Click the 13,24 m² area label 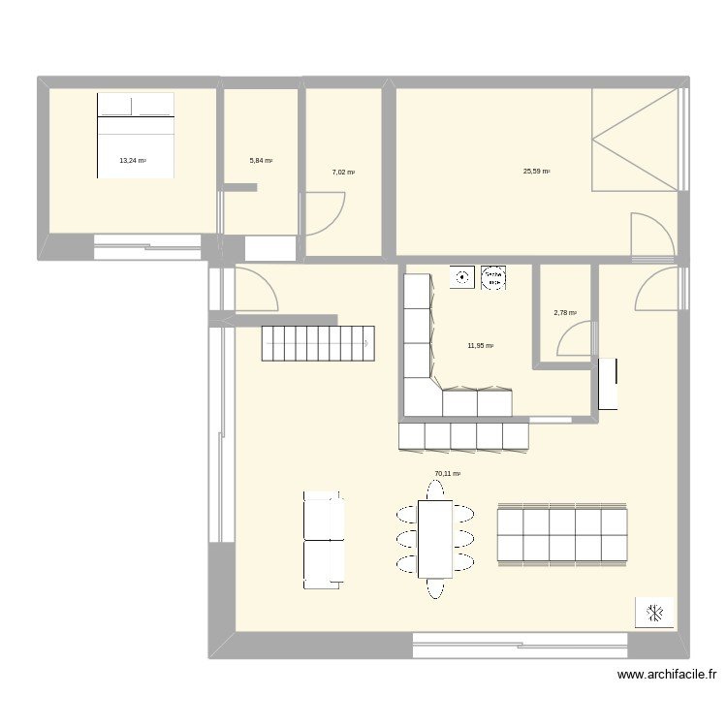[133, 161]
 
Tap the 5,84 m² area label [262, 161]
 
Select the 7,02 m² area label [343, 173]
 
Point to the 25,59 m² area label [536, 172]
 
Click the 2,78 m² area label [565, 313]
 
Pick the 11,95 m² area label [481, 346]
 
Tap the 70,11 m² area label [447, 474]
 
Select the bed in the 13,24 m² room [136, 135]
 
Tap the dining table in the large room [435, 538]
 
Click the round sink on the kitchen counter [462, 277]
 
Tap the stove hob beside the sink [493, 277]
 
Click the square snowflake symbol [654, 612]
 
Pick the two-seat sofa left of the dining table [324, 539]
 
